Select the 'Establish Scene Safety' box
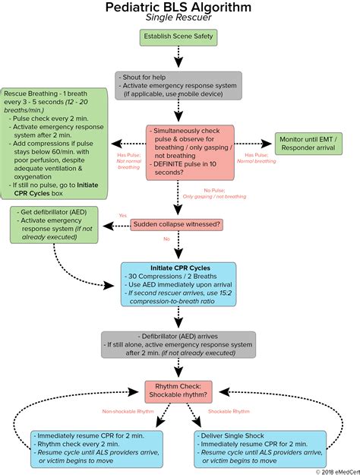point(178,36)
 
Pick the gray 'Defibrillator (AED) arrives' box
point(178,344)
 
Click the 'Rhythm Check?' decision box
point(178,391)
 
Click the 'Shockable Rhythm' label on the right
point(229,413)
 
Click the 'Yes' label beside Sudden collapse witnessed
point(123,216)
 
